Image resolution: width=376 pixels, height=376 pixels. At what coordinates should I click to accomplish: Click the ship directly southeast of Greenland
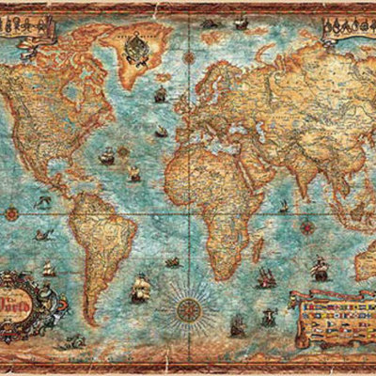(161, 95)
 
